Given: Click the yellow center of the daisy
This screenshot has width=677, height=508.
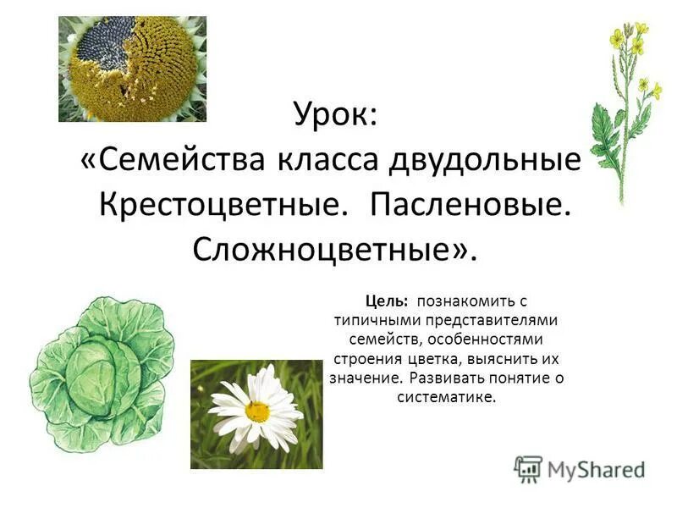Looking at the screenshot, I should click(256, 411).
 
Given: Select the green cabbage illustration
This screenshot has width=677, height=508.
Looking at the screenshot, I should click(101, 373).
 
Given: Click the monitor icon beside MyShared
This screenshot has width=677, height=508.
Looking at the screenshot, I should click(528, 468).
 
